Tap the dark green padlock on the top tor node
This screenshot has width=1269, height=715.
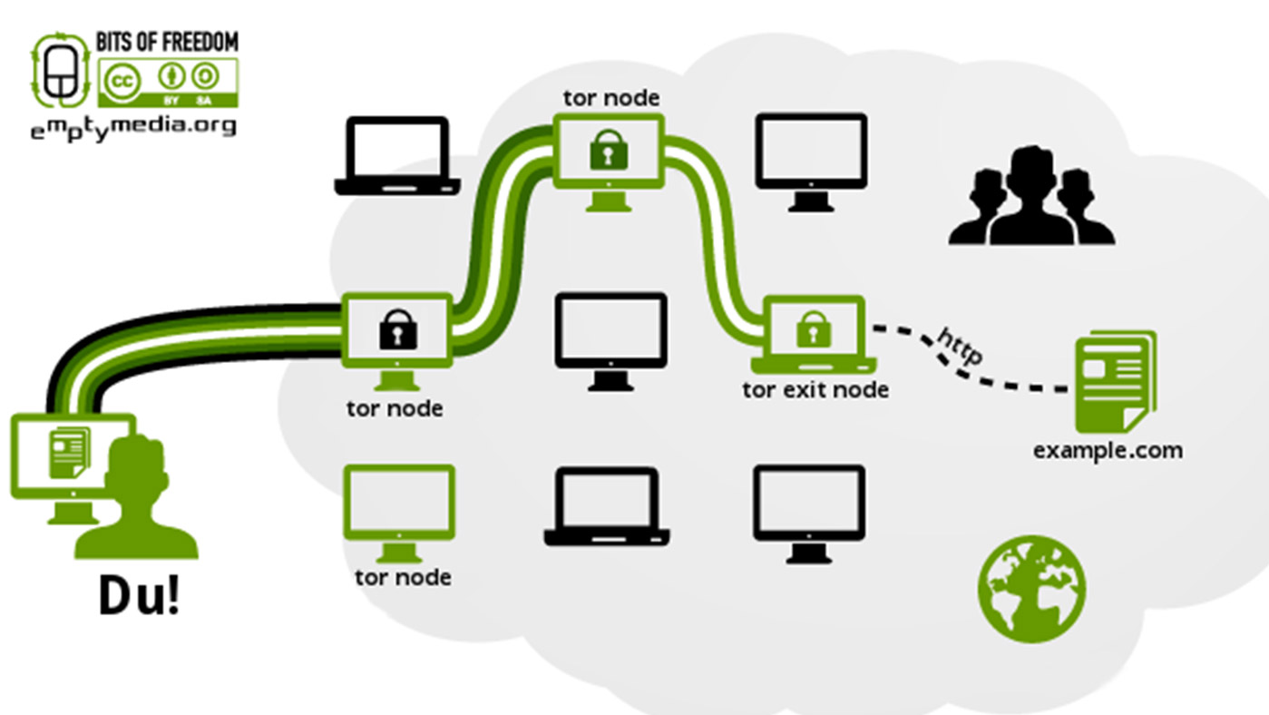609,149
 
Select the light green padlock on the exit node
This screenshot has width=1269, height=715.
813,329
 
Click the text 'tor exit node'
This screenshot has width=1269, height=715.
815,389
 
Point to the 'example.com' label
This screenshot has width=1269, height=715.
1108,449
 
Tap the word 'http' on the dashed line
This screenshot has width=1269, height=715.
958,345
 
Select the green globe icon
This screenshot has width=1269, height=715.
1032,589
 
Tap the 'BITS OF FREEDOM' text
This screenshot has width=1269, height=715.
167,42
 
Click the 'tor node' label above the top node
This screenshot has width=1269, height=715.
610,97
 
